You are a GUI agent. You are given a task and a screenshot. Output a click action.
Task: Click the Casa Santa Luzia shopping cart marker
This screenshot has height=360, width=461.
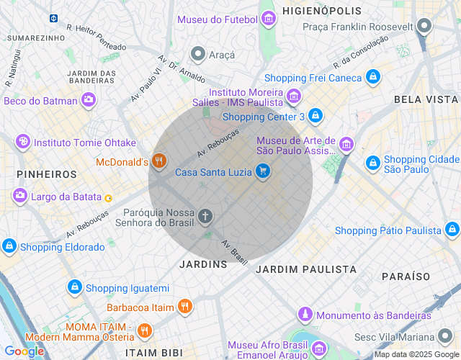(263, 171)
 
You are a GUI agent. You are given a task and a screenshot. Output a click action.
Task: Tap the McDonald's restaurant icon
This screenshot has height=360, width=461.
(159, 162)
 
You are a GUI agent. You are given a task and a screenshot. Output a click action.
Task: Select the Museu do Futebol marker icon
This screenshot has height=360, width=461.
(269, 18)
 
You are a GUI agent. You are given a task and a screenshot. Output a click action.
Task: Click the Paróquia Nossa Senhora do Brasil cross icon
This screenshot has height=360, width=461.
(205, 216)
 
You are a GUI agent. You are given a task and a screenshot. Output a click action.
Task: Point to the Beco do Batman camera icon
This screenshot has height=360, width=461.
(88, 100)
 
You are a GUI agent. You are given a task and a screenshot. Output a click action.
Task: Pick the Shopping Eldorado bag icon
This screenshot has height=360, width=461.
(9, 246)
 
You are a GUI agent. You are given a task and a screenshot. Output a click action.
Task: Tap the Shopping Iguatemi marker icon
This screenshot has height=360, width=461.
(74, 287)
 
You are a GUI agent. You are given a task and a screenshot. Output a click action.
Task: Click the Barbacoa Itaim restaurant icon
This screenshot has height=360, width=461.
(185, 307)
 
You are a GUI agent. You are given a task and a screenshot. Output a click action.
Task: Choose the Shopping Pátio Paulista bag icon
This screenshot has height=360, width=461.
(452, 230)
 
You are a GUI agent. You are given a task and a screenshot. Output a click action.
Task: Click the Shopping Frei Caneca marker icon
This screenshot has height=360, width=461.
(372, 77)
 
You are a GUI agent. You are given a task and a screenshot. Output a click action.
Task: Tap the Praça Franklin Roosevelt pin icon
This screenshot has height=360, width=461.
(425, 27)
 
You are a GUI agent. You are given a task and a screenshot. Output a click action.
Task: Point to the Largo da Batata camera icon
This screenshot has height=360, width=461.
(19, 195)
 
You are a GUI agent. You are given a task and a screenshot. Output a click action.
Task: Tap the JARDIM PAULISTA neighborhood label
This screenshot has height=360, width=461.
(306, 269)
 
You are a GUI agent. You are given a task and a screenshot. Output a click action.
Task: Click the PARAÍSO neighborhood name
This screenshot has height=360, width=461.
(406, 276)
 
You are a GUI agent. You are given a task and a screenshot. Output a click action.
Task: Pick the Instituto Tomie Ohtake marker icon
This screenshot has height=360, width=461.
(23, 142)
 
